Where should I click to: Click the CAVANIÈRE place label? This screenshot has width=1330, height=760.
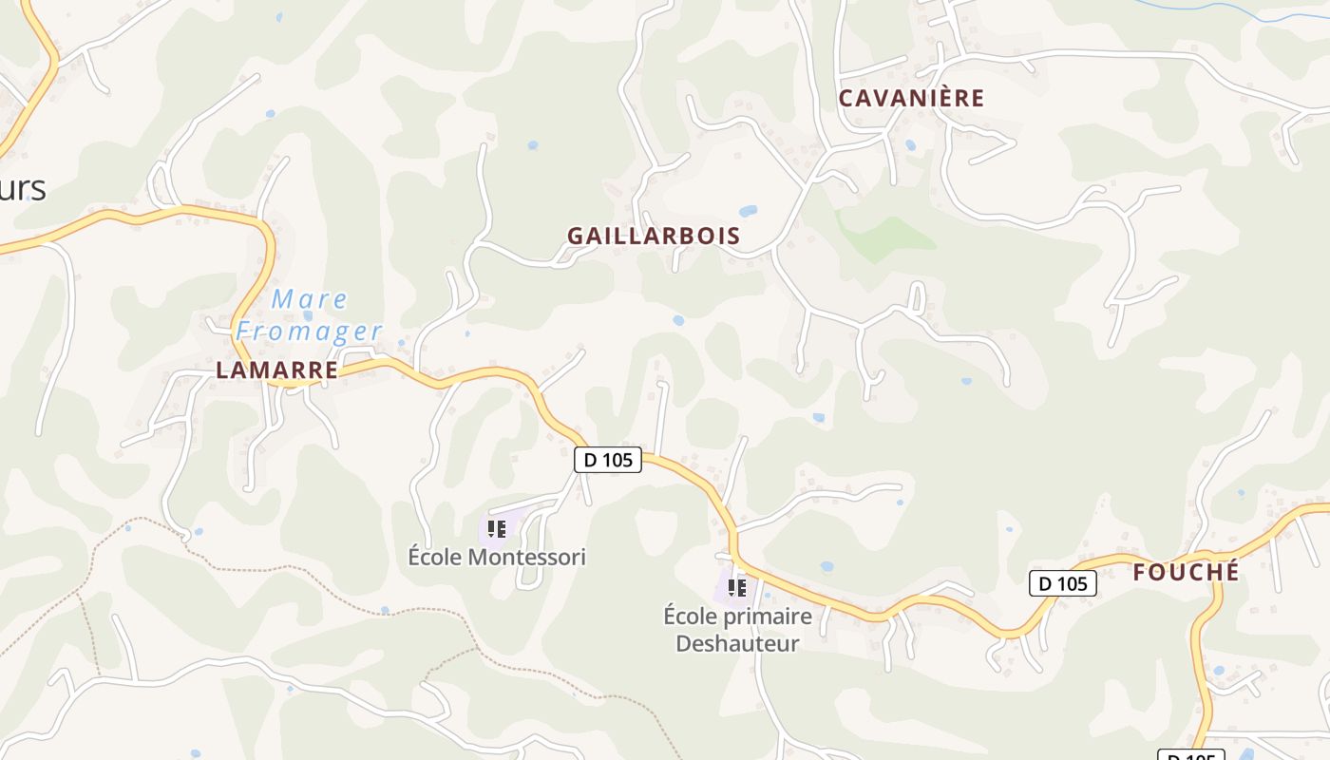point(911,98)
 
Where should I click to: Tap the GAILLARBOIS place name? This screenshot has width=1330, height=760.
point(654,237)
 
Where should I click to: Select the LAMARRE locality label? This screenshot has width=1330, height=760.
point(276,370)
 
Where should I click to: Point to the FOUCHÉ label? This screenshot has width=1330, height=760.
point(1186,573)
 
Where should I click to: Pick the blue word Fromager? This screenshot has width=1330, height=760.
point(309,332)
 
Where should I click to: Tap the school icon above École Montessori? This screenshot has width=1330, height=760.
point(497,528)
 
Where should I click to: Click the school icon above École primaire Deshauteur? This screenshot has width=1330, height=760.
point(736,588)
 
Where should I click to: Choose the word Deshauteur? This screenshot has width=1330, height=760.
point(737,643)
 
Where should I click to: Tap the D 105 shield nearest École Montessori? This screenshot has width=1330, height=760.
point(608,460)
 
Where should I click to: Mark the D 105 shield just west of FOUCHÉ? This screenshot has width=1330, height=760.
point(1063,583)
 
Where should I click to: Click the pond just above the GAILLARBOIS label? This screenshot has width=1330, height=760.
point(748,211)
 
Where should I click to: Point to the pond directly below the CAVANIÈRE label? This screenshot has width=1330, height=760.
point(911,145)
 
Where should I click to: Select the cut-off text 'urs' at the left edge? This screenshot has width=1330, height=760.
point(23,188)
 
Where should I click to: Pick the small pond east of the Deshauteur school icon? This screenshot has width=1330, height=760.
point(826,566)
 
